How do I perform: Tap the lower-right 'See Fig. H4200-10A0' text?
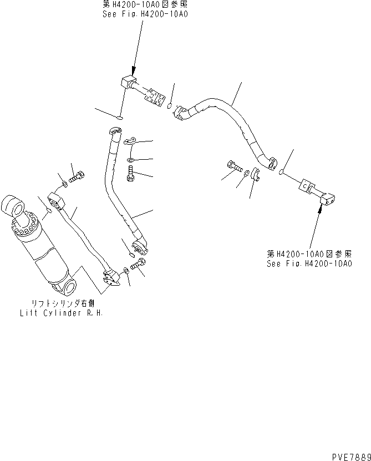click(x=308, y=264)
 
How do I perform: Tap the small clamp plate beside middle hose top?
click(x=130, y=142)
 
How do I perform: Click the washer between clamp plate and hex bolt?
click(x=129, y=160)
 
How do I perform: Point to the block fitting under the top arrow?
click(x=128, y=83)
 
